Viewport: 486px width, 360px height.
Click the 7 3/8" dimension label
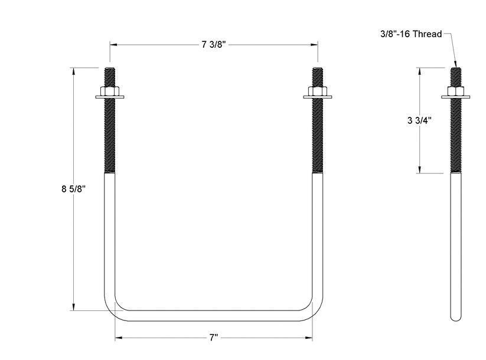[x=213, y=45]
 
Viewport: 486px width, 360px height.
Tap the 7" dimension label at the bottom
[x=213, y=338]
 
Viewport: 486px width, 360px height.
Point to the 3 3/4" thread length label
[x=419, y=120]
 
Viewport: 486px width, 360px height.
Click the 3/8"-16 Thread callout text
[x=411, y=34]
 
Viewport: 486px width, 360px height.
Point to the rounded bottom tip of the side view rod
[x=455, y=319]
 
